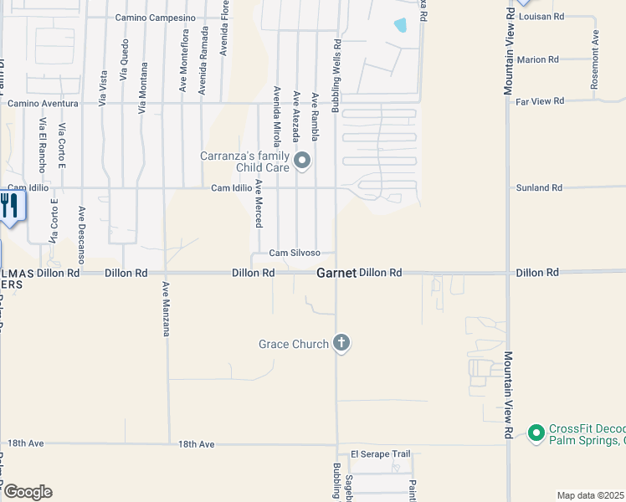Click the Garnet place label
point(336,273)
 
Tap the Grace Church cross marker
point(341,342)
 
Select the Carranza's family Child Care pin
point(304,160)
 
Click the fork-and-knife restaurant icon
point(10,206)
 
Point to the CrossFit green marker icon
point(536,432)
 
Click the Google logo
point(27,492)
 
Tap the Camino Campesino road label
point(155,18)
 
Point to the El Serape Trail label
point(381,454)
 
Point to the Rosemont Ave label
point(595,60)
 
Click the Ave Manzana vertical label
point(167,309)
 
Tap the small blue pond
point(401,25)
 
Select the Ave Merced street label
point(259,203)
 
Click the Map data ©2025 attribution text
point(590,495)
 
